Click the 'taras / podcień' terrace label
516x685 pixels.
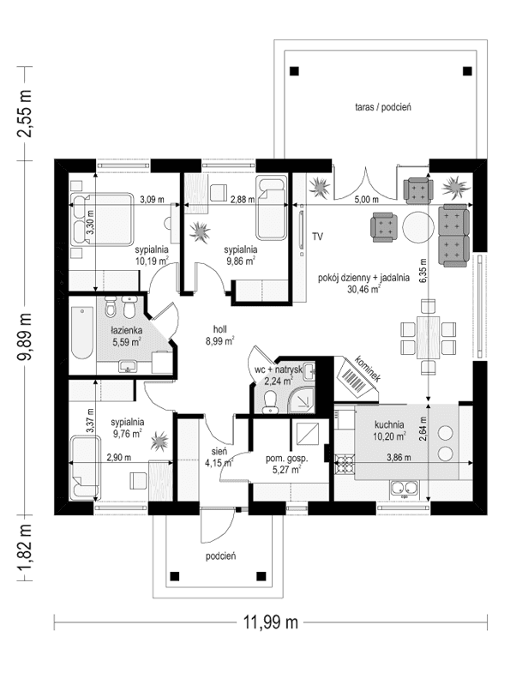coord(383,107)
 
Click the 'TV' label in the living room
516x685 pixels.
coord(317,236)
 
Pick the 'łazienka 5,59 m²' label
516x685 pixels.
coord(124,335)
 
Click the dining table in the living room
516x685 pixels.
coord(424,337)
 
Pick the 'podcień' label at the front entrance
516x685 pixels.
coord(220,555)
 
